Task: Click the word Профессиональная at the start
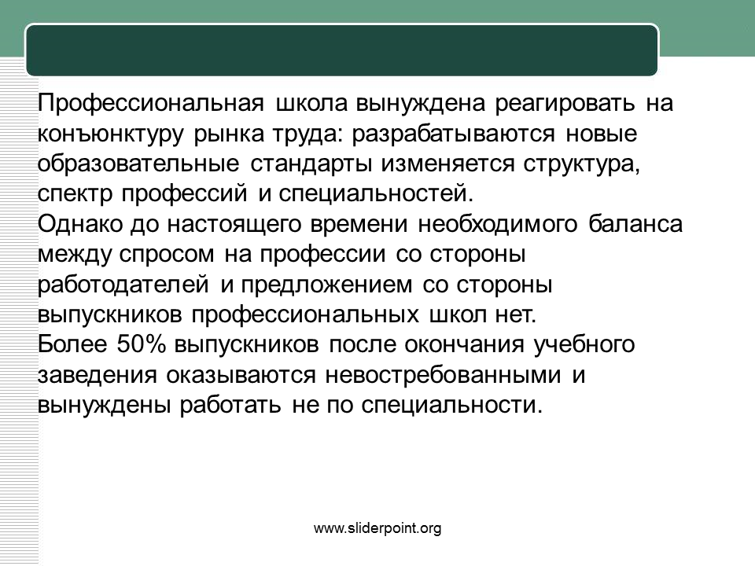pyautogui.click(x=151, y=103)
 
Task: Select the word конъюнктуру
pyautogui.click(x=111, y=134)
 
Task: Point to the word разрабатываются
pyautogui.click(x=453, y=134)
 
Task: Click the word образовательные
pyautogui.click(x=138, y=164)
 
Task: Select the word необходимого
pyautogui.click(x=497, y=224)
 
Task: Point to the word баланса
pyautogui.click(x=635, y=224)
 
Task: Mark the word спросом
pyautogui.click(x=166, y=255)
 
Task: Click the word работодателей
pyautogui.click(x=123, y=285)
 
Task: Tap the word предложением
pyautogui.click(x=326, y=285)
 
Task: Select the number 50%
pyautogui.click(x=141, y=344)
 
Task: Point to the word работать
pyautogui.click(x=230, y=406)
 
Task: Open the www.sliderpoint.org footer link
pyautogui.click(x=377, y=528)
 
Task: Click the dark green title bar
pyautogui.click(x=342, y=50)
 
